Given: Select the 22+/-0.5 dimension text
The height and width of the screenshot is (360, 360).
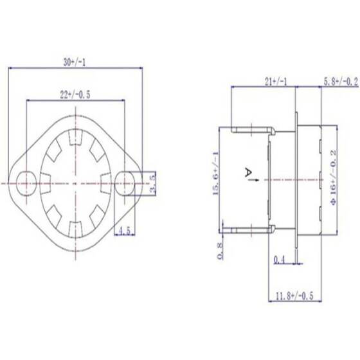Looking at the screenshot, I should pyautogui.click(x=75, y=95).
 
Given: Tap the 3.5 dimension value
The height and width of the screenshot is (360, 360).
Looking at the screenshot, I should pyautogui.click(x=152, y=183).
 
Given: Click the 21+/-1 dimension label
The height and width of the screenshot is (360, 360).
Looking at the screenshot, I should pyautogui.click(x=276, y=82).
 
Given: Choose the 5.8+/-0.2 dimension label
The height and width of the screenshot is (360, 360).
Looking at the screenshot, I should pyautogui.click(x=340, y=82).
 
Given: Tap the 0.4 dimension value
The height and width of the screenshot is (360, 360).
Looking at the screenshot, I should pyautogui.click(x=279, y=260).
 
